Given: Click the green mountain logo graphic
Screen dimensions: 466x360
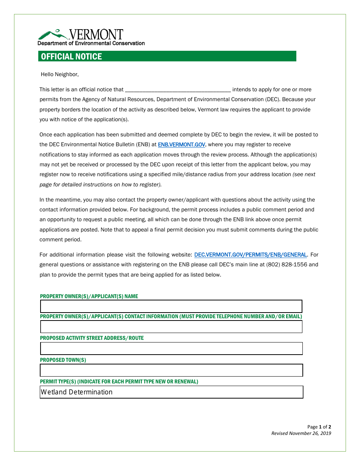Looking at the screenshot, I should (x=53, y=34).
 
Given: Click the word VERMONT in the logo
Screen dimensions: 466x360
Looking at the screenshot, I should (x=96, y=34).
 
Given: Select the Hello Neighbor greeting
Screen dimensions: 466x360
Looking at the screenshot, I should (x=59, y=74).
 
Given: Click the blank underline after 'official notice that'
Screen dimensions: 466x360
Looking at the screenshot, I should (x=177, y=90).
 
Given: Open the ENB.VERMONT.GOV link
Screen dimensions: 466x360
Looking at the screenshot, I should (x=182, y=145).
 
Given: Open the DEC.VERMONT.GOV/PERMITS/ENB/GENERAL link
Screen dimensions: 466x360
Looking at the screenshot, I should (x=250, y=255).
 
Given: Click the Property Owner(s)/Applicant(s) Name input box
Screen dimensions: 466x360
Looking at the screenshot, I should (x=171, y=306).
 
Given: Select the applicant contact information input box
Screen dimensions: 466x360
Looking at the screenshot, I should (x=171, y=327).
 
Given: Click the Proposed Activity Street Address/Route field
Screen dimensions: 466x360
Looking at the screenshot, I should (x=171, y=348).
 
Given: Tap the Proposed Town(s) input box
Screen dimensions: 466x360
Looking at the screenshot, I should (x=171, y=370).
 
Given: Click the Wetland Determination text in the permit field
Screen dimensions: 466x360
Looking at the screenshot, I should (x=77, y=392).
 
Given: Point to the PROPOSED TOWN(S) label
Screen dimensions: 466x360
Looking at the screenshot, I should (x=63, y=360).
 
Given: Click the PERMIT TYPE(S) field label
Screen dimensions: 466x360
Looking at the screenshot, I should (x=119, y=382).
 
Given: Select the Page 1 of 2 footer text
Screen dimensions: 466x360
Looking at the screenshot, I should (x=319, y=427).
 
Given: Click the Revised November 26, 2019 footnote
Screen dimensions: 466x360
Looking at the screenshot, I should (x=301, y=433).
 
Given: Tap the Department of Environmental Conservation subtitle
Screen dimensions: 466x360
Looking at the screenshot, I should (x=91, y=43).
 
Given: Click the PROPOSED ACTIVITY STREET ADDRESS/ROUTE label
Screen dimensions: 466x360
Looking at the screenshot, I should (x=92, y=338).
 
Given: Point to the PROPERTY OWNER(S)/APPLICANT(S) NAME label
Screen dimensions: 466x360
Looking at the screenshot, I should (x=89, y=296).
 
